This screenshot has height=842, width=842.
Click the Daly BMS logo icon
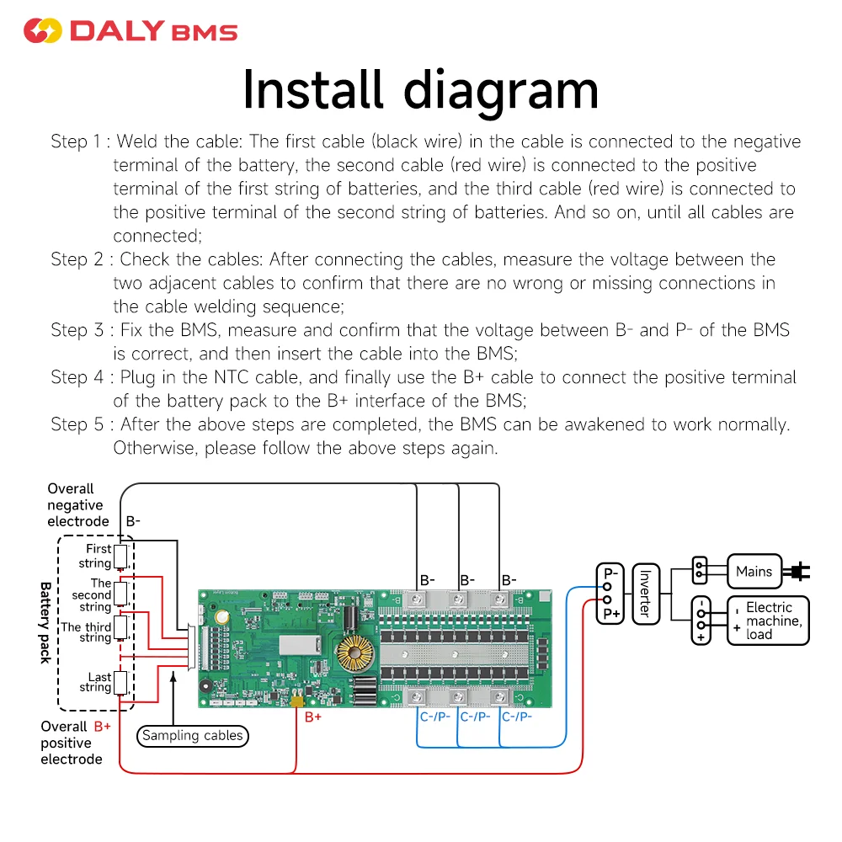pyautogui.click(x=42, y=31)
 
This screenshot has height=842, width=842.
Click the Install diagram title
pyautogui.click(x=420, y=91)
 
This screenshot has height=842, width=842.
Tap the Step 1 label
pyautogui.click(x=79, y=141)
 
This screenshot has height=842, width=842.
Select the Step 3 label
pyautogui.click(x=79, y=330)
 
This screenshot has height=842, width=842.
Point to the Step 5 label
pyautogui.click(x=79, y=424)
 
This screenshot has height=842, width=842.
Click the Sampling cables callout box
pyautogui.click(x=192, y=736)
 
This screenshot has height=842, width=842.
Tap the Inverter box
pyautogui.click(x=645, y=593)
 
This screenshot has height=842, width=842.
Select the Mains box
pyautogui.click(x=754, y=572)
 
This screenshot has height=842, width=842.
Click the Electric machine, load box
pyautogui.click(x=769, y=621)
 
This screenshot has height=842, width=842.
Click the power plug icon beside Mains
pyautogui.click(x=796, y=573)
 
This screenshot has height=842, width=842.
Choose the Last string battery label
pyautogui.click(x=99, y=682)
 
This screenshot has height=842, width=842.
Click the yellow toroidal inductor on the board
pyautogui.click(x=354, y=656)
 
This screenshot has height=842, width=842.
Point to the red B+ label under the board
pyautogui.click(x=313, y=718)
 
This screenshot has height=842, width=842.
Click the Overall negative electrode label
pyautogui.click(x=75, y=505)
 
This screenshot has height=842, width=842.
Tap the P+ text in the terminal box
pyautogui.click(x=611, y=615)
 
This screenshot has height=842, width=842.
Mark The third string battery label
pyautogui.click(x=86, y=631)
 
